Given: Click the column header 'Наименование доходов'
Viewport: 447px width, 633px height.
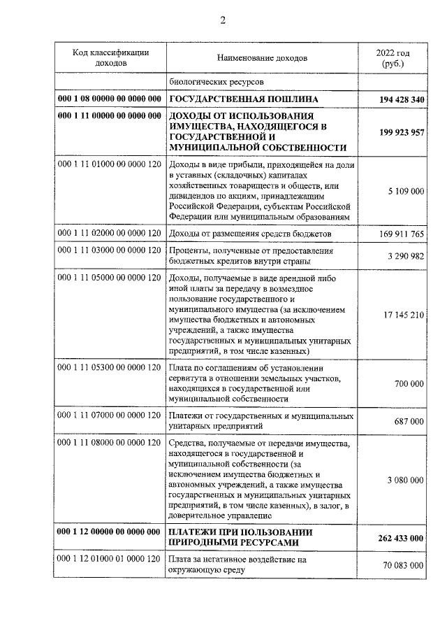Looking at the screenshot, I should point(262,57).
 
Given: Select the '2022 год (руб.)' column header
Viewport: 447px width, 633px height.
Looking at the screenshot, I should point(393,57).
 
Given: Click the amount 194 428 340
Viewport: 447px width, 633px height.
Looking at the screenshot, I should point(393,100).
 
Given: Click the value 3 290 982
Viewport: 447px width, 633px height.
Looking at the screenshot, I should point(404,257).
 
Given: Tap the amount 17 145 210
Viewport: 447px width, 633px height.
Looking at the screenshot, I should point(401,315).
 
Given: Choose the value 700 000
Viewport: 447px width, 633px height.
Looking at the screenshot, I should point(409,384).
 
